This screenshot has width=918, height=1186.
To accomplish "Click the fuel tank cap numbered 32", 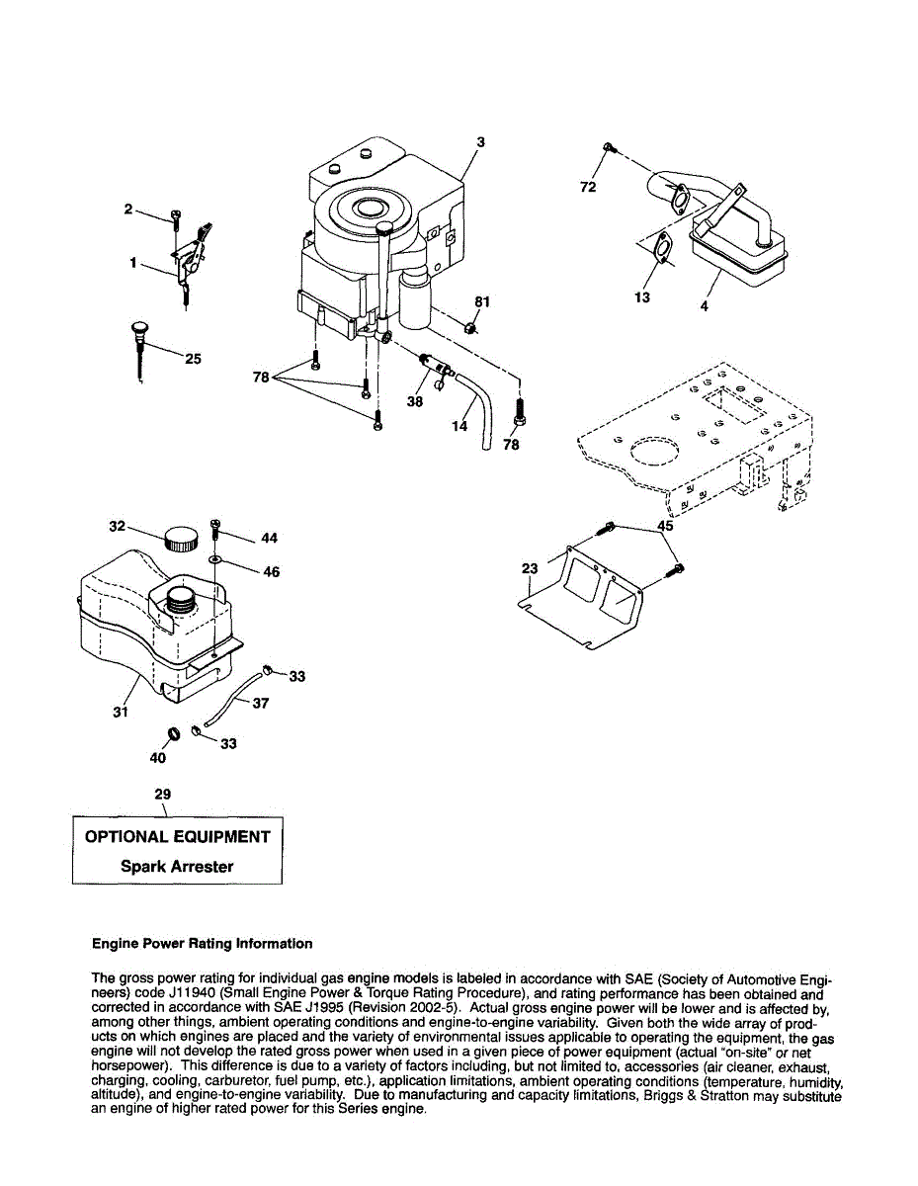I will point(180,540).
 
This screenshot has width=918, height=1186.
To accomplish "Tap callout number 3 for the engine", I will point(480,142).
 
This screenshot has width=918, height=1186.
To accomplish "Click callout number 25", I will point(193,359).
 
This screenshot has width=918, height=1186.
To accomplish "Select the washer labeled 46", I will point(214,560).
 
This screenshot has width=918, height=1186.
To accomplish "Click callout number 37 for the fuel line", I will point(261,704).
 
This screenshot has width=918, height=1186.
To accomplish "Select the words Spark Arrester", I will point(177,867).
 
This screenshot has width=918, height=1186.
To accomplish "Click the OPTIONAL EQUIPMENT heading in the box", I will point(177,836).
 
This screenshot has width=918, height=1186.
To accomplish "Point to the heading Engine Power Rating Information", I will point(202,943).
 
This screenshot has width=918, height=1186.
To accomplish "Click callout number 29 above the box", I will point(163,794).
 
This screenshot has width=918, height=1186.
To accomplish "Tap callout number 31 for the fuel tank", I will point(120,711).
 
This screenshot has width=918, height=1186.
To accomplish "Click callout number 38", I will point(414,402).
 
